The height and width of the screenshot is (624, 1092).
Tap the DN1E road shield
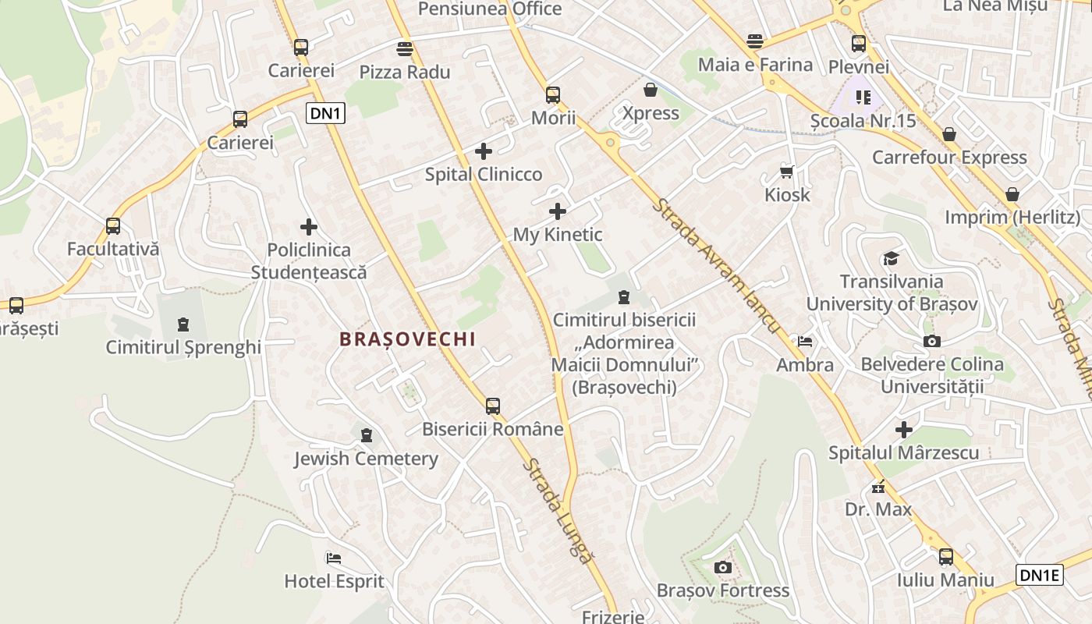(x=1041, y=576)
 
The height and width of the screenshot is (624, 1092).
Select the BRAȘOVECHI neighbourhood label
(x=407, y=339)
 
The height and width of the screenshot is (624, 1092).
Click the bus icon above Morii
(x=553, y=95)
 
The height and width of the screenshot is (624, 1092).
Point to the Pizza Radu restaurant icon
(x=404, y=49)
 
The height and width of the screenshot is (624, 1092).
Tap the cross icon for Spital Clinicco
(x=484, y=151)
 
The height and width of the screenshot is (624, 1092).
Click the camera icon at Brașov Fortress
(x=723, y=567)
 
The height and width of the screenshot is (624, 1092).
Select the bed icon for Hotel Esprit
(x=334, y=558)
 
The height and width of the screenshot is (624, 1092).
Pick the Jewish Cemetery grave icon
(x=367, y=435)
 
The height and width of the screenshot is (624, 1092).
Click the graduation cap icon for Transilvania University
(x=890, y=258)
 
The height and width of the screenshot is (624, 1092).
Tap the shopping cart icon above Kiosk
(x=786, y=172)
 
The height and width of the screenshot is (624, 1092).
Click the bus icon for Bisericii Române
(x=492, y=406)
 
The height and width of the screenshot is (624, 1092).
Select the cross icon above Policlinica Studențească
(x=309, y=227)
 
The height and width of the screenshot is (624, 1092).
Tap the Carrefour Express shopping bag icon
(x=948, y=134)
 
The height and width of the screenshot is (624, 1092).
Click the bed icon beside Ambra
(x=804, y=342)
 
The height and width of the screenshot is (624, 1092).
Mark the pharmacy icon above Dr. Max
(x=878, y=487)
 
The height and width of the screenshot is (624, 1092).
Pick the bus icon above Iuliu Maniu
(x=946, y=557)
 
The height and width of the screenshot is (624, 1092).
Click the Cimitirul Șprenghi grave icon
(x=183, y=324)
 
